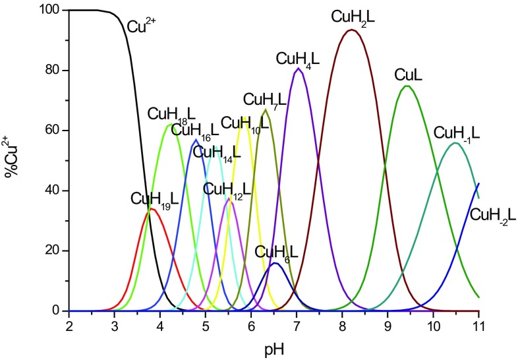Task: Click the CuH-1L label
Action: (x=456, y=133)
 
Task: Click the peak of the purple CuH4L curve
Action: (x=299, y=69)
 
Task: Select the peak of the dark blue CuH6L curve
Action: (x=275, y=263)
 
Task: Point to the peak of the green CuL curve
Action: (x=407, y=86)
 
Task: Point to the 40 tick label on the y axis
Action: (x=53, y=191)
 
